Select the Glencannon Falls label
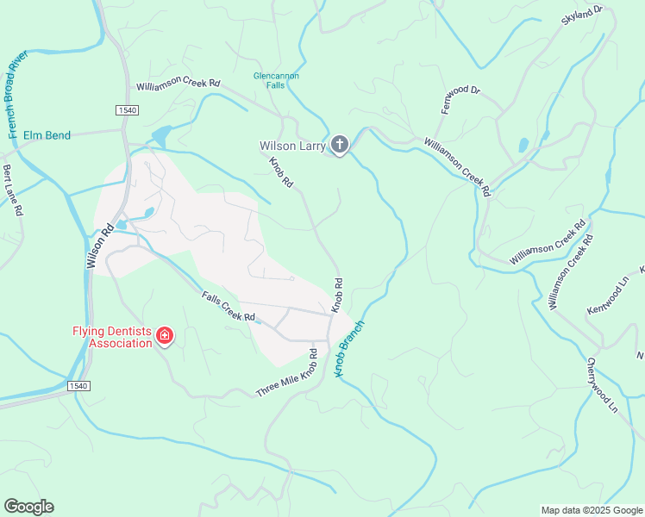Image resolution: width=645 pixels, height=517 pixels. [x=276, y=80]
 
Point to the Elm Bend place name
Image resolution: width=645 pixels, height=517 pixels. [x=47, y=135]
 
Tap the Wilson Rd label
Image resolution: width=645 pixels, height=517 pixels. [x=99, y=247]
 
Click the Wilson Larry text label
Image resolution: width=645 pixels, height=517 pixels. [x=293, y=146]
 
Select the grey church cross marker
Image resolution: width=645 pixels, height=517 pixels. [x=340, y=145]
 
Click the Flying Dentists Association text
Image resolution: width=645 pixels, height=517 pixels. [x=111, y=337]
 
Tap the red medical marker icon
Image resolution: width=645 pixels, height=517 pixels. [x=164, y=336]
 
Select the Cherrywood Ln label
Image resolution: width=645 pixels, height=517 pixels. [x=602, y=384]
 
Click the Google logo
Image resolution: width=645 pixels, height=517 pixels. [x=28, y=507]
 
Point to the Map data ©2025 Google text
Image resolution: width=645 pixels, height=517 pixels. [x=592, y=510]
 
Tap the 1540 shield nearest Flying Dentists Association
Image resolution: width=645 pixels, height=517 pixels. [x=78, y=386]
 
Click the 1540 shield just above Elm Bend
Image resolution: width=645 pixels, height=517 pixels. [x=126, y=109]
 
